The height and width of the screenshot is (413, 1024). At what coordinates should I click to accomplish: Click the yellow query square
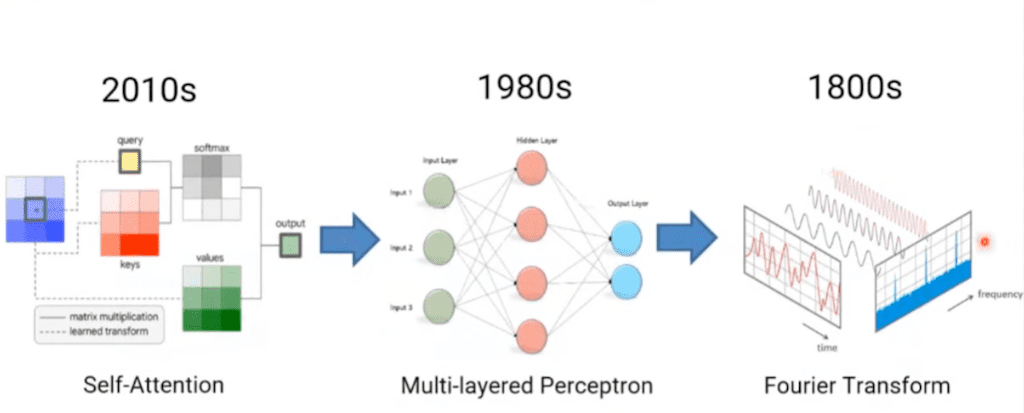tap(128, 162)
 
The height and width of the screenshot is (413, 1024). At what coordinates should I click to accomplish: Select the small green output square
tap(289, 245)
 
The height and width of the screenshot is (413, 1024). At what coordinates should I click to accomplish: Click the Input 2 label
tap(403, 247)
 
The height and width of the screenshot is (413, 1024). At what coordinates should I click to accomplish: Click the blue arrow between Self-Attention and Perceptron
tap(349, 240)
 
